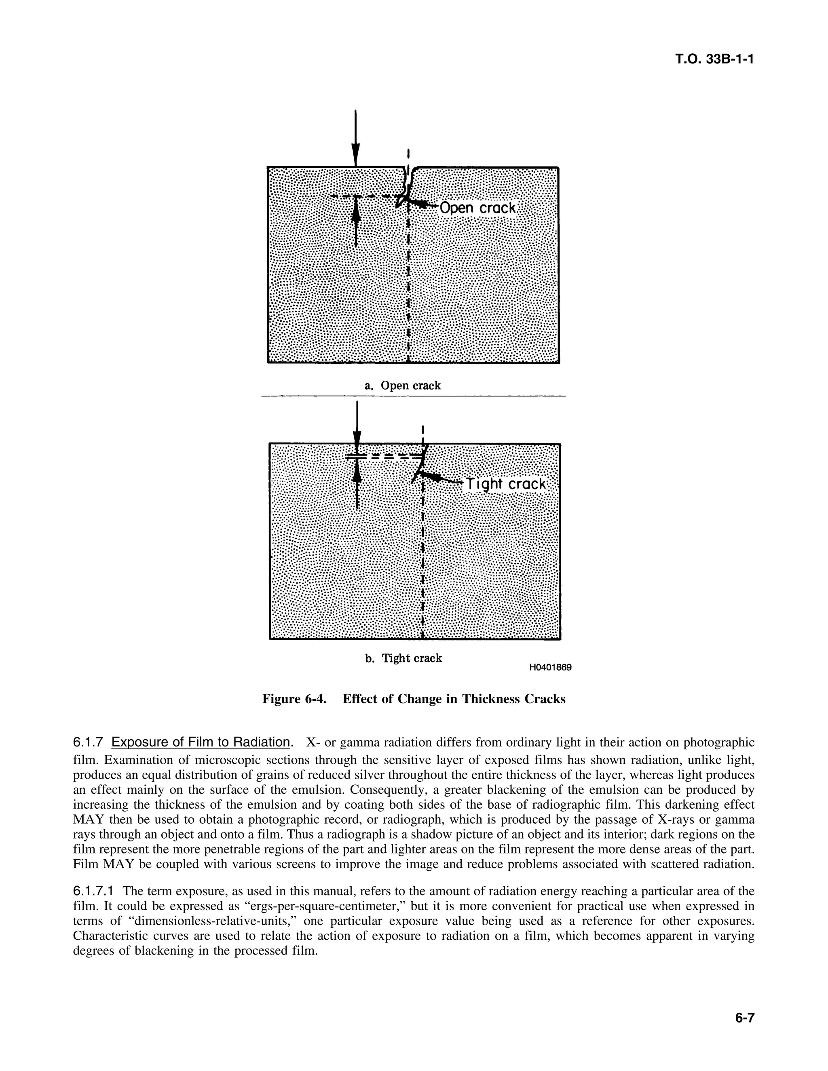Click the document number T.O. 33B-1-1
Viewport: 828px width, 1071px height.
[x=714, y=59]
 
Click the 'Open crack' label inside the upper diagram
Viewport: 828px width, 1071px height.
[x=478, y=208]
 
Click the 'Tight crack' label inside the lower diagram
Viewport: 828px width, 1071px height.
[x=506, y=484]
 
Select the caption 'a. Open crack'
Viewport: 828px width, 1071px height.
[x=402, y=386]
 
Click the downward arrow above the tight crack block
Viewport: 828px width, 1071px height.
[x=357, y=422]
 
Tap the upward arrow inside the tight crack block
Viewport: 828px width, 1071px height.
[x=357, y=485]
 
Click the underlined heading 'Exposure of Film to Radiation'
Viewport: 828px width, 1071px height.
[x=201, y=742]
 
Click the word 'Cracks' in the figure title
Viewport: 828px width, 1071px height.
[x=545, y=699]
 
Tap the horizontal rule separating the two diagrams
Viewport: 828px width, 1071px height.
[x=414, y=396]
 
